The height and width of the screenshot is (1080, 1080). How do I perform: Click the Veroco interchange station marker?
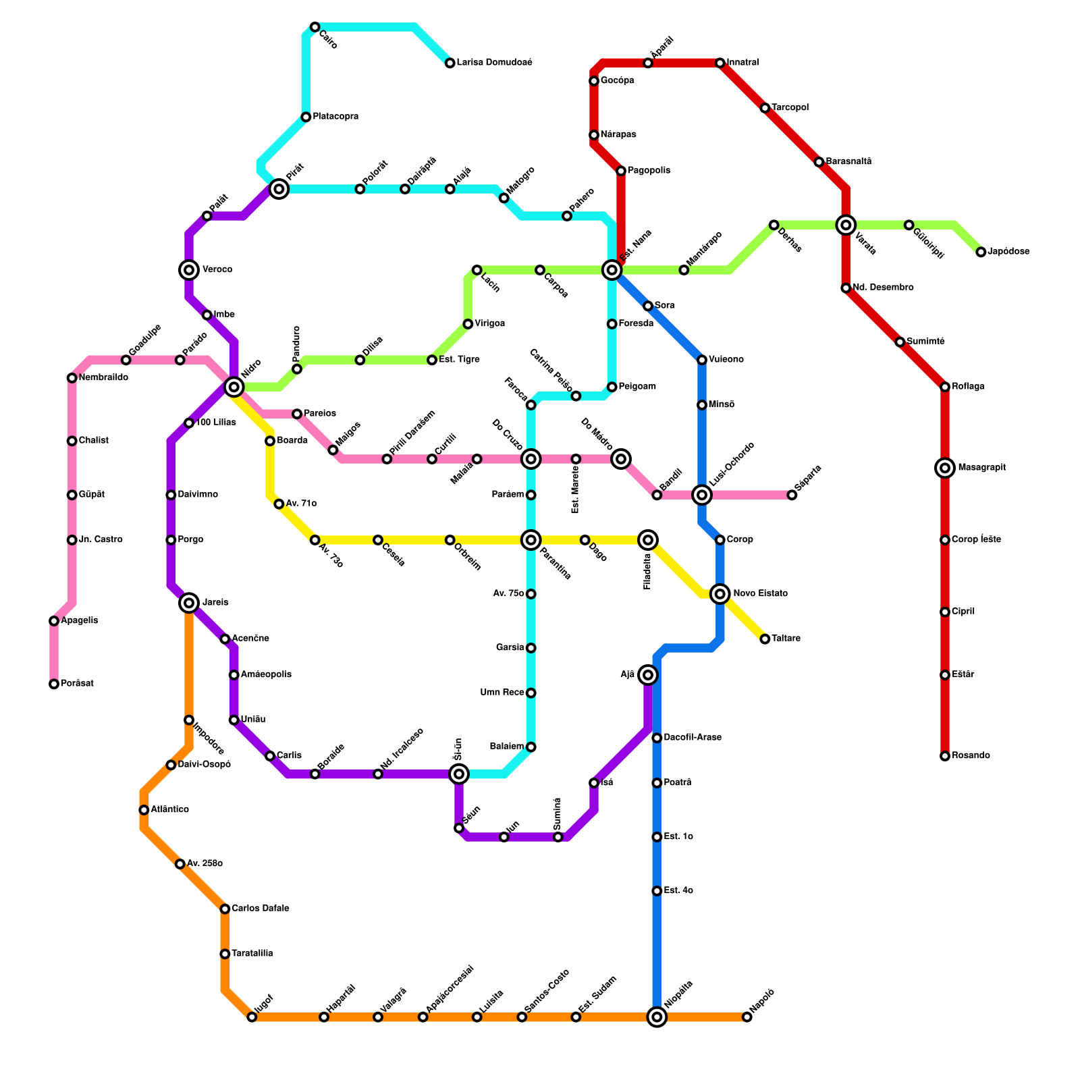point(189,270)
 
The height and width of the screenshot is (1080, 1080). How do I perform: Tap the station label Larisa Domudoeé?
point(494,63)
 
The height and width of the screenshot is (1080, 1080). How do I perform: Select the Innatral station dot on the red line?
point(720,63)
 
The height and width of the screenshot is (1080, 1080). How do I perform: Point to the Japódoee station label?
point(1008,252)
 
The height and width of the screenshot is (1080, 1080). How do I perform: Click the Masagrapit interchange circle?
point(945,468)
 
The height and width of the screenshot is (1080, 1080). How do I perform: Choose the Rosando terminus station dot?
point(945,756)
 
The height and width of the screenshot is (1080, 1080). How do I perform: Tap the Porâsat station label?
point(77,684)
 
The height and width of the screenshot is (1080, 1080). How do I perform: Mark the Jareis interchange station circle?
point(190,603)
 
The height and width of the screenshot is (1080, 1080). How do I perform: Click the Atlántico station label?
point(169,809)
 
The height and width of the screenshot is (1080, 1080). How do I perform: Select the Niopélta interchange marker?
point(657,1017)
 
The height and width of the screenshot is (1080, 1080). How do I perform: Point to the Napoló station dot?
point(747,1017)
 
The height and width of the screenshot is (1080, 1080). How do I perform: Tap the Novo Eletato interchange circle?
point(720,594)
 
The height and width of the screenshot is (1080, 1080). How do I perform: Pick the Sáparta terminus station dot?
point(792,495)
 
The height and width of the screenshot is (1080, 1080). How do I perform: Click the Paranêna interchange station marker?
point(531,540)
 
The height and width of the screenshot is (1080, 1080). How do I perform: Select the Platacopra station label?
point(335,117)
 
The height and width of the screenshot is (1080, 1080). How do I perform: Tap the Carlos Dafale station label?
point(260,909)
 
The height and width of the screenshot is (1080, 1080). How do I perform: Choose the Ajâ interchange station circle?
point(648,675)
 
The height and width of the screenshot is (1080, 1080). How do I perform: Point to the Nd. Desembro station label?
point(883,288)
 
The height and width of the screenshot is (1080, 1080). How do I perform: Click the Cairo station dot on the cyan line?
point(315,27)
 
